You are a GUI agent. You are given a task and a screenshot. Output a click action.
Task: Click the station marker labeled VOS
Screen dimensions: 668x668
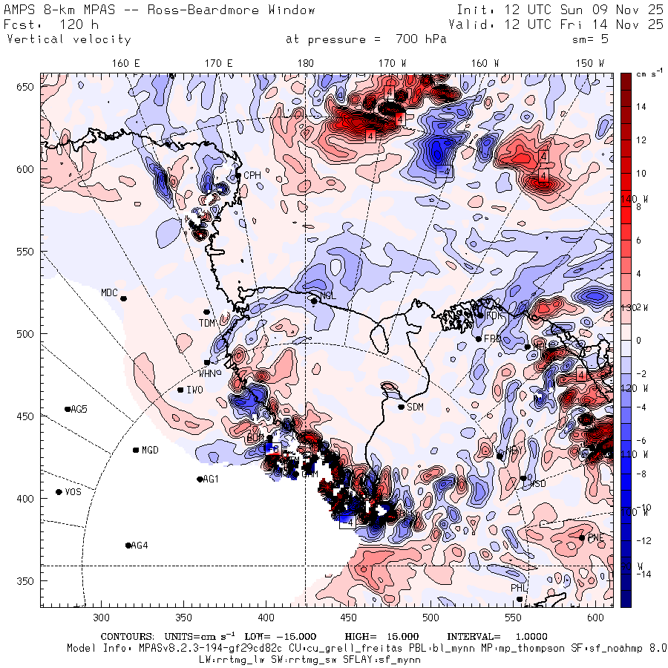point(59,492)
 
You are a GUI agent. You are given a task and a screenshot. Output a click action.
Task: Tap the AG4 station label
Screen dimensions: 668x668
point(140,546)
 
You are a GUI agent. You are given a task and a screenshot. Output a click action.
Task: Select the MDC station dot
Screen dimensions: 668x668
point(123,298)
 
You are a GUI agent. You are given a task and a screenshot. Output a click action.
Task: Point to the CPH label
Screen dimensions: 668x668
point(252,175)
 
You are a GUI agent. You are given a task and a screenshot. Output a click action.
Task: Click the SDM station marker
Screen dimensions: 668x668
point(402,407)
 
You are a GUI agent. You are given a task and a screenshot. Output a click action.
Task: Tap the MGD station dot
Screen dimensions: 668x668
point(136,450)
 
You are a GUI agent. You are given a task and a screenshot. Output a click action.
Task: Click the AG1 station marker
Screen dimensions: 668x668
point(200,479)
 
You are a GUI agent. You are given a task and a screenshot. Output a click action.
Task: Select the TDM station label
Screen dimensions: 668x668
point(207,323)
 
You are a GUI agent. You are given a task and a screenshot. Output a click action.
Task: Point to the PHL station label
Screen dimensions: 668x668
point(518,589)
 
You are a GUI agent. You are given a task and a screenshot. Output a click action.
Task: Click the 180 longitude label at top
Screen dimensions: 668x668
point(305,64)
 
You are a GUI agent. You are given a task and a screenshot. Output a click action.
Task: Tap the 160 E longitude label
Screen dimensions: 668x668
point(126,64)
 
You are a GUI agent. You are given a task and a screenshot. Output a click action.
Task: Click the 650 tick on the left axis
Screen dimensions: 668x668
point(27,88)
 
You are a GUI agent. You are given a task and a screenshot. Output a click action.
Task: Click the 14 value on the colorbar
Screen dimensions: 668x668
point(641,107)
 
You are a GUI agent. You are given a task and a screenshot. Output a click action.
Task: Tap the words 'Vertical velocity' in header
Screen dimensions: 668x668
point(68,39)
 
